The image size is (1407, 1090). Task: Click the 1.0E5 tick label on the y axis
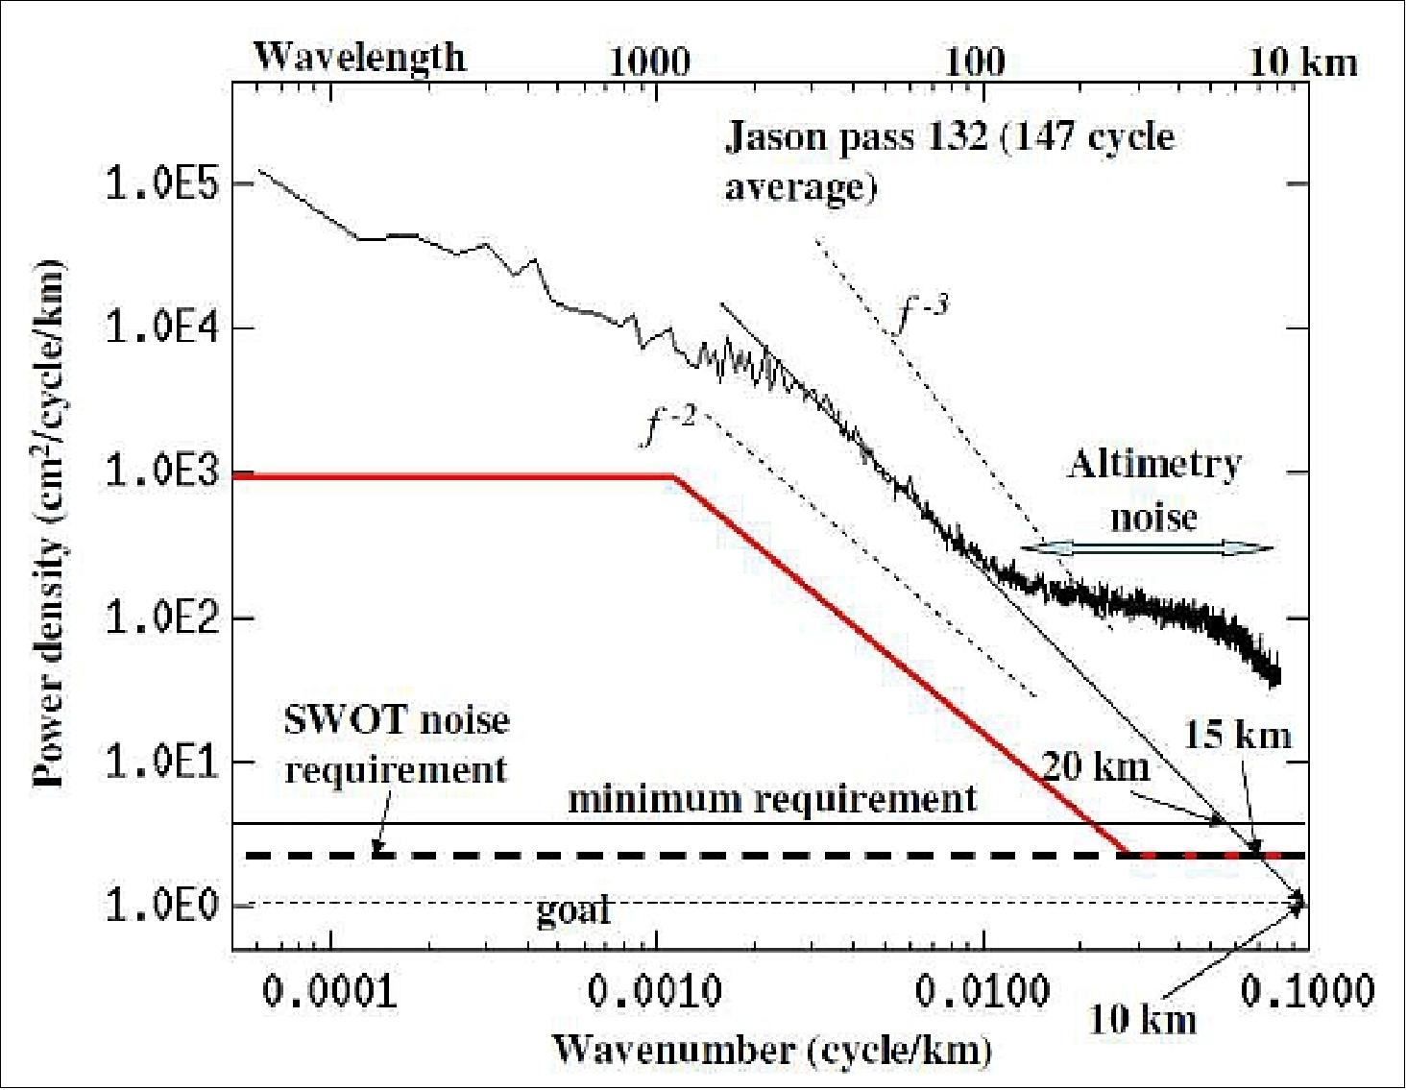[162, 183]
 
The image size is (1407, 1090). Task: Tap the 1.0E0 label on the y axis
[162, 905]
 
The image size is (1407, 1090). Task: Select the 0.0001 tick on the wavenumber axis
[329, 991]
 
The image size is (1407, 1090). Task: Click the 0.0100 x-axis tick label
[982, 991]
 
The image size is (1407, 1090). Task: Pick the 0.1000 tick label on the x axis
[1307, 991]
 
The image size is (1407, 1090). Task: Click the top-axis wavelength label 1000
[649, 63]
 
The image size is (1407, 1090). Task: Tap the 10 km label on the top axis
[1304, 63]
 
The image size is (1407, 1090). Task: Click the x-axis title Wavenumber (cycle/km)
[772, 1049]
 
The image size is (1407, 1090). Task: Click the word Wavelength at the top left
[359, 58]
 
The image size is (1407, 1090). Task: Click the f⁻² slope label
[668, 426]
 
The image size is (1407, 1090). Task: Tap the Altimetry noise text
[1153, 491]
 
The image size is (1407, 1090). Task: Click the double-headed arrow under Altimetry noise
[1146, 547]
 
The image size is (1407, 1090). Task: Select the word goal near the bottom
[572, 908]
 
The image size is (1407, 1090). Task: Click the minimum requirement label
[772, 799]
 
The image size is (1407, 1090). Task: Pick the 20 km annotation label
[1096, 766]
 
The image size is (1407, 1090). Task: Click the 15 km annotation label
[1237, 735]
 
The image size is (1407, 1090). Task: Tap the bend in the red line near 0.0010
[674, 476]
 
